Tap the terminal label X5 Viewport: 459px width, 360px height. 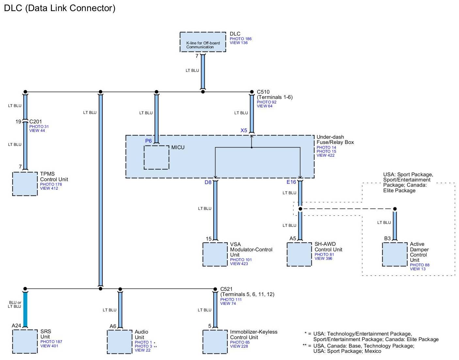point(244,130)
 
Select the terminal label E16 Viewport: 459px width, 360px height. point(291,182)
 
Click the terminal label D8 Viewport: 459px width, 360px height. point(208,182)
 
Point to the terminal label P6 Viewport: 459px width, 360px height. point(148,141)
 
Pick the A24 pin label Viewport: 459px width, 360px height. point(16,325)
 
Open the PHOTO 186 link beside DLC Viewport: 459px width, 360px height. point(241,39)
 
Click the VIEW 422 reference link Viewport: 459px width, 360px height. point(325,155)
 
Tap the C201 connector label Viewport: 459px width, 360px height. point(36,122)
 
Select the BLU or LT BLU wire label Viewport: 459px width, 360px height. point(15,305)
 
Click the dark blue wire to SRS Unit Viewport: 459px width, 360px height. point(25,309)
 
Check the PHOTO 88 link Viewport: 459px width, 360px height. point(419,265)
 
